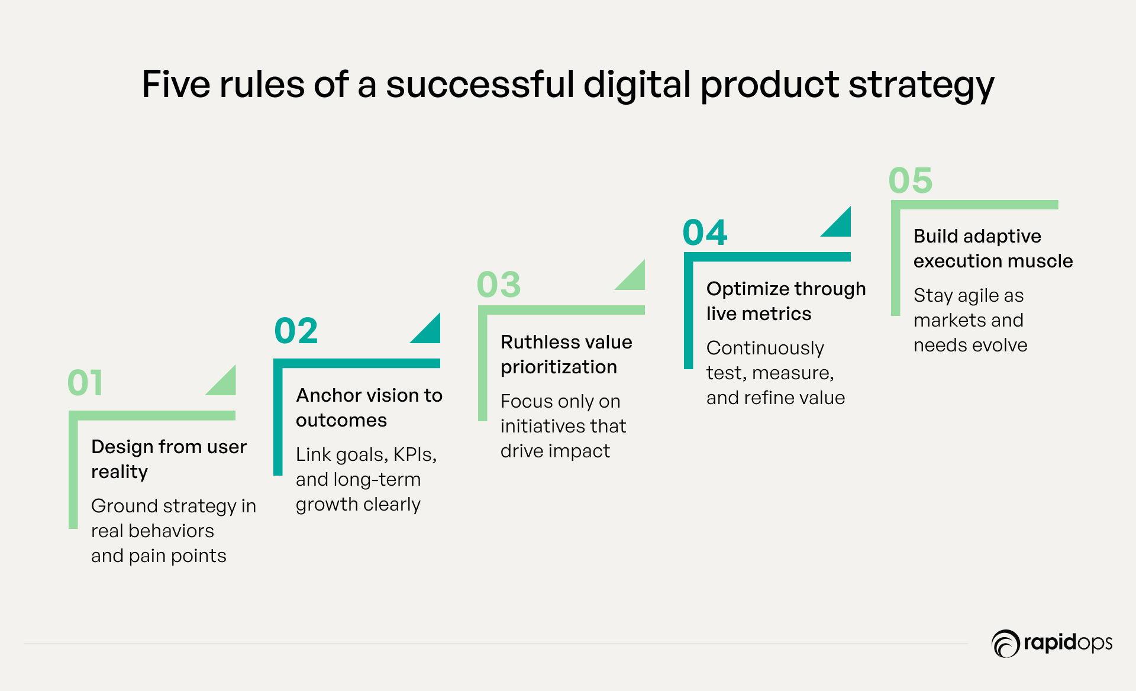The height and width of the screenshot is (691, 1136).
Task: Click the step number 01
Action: click(85, 383)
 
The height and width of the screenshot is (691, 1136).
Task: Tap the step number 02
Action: click(296, 331)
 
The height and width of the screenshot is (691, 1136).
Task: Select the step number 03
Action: click(499, 285)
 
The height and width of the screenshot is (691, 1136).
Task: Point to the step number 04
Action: click(705, 232)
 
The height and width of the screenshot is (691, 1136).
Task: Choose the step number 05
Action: click(911, 180)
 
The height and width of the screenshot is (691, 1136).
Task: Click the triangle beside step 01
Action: click(225, 385)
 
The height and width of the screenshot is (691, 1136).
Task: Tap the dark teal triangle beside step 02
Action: click(430, 332)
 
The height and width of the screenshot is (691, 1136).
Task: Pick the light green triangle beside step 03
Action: click(635, 279)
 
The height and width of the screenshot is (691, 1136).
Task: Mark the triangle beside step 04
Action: click(841, 226)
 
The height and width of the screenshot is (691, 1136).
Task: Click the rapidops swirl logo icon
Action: click(1005, 644)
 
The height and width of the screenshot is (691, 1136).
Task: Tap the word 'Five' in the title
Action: click(176, 84)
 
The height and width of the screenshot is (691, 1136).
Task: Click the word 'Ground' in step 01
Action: click(124, 506)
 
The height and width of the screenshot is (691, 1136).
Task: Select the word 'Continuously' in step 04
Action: click(765, 348)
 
